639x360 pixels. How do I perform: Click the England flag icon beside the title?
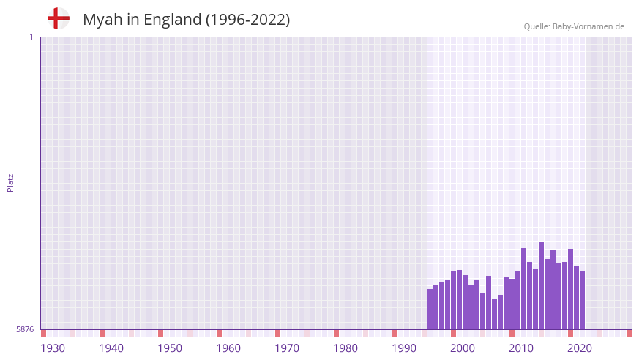coord(58,18)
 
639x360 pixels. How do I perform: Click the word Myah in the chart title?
coord(102,20)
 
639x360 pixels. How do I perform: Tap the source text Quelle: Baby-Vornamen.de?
coord(574,26)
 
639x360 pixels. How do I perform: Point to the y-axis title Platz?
coord(10,183)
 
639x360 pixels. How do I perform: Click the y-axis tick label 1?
coord(31,37)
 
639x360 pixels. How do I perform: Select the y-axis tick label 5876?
coord(25,329)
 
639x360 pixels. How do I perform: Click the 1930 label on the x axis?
coord(53,348)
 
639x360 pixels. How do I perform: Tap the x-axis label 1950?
coord(170,348)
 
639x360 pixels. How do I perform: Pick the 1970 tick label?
coord(287,348)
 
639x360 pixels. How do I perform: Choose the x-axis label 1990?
coord(404,348)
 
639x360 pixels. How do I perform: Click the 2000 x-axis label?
coord(463,348)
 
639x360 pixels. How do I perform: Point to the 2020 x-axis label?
coord(580,348)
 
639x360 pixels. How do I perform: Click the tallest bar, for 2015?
coord(542,286)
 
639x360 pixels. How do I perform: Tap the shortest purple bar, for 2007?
coord(495,314)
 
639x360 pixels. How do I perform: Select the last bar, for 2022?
coord(583,300)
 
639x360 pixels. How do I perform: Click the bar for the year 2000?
coord(454,300)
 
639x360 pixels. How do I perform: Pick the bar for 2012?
coord(524,289)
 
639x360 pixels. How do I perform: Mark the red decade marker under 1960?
coord(220,333)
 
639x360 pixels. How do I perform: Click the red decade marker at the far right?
coord(629,333)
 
